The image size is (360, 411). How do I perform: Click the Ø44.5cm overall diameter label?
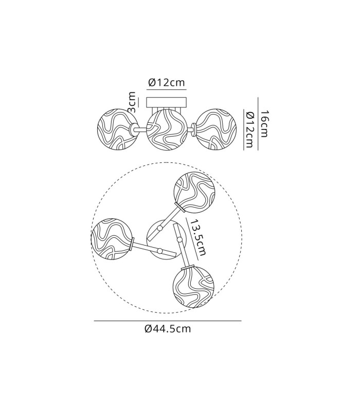tap(168, 329)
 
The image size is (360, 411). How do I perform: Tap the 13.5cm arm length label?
tap(199, 237)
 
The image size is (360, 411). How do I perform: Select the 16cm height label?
tap(264, 123)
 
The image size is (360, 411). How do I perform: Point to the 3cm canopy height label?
tap(132, 102)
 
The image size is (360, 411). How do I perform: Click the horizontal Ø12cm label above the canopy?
tap(167, 83)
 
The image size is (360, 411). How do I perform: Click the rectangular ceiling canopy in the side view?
tap(166, 102)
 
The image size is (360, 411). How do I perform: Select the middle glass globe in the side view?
tap(166, 130)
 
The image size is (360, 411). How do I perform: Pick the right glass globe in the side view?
tap(217, 129)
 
